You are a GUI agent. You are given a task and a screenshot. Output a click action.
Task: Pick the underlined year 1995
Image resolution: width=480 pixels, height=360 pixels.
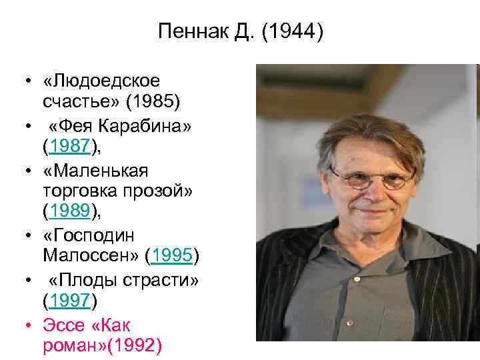[x=172, y=255]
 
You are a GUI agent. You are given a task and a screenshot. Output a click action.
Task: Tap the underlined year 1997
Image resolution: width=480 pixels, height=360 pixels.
[x=69, y=301]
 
